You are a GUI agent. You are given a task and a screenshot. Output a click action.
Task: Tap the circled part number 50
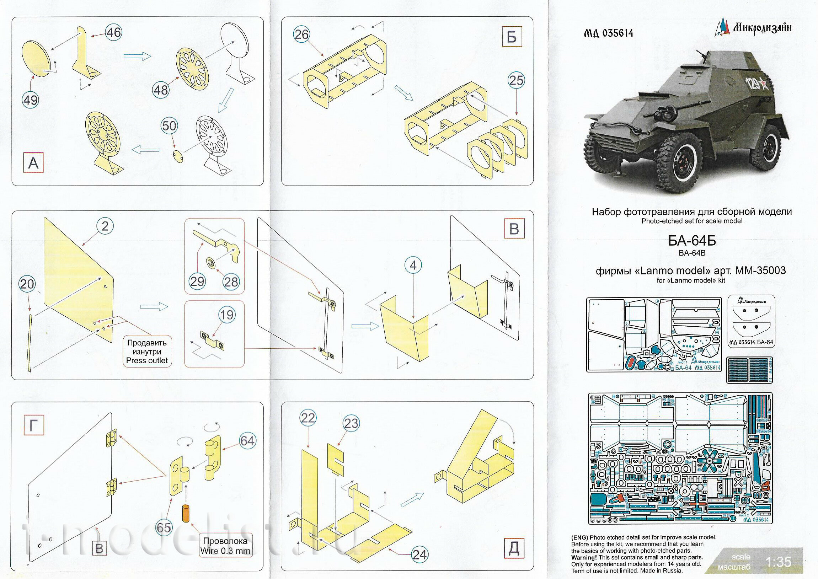[169, 126]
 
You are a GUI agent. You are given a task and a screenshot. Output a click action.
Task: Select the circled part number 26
[302, 35]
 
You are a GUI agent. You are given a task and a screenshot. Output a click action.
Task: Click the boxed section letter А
[33, 163]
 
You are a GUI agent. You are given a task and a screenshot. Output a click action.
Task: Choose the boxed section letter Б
[512, 37]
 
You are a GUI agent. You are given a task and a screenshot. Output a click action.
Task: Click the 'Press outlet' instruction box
[146, 352]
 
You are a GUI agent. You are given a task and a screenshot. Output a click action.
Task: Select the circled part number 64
[247, 441]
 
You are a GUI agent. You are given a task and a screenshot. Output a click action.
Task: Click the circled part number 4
[413, 265]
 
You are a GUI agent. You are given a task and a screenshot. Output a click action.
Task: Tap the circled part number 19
[227, 315]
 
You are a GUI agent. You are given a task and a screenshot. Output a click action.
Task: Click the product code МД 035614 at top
[608, 33]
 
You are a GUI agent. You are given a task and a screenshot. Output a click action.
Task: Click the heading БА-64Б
[691, 241]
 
